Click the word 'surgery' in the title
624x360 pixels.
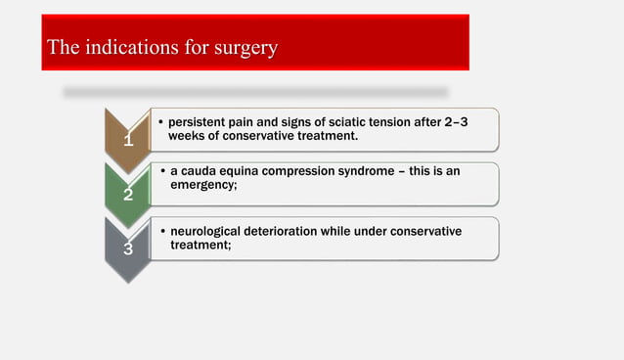[244, 46]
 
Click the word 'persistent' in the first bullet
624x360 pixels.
[197, 122]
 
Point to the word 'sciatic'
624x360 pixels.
[337, 122]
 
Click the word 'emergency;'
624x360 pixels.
[203, 184]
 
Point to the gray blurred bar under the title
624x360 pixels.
[255, 92]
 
